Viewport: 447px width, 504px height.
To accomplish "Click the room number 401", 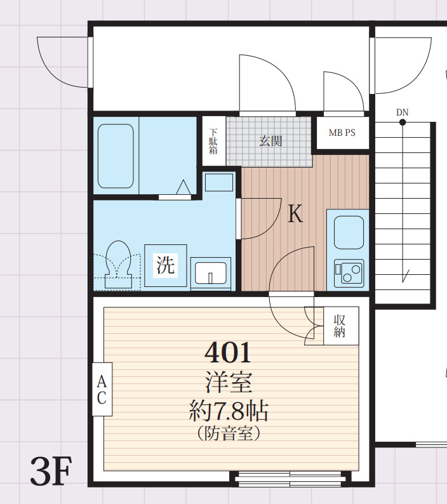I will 227,352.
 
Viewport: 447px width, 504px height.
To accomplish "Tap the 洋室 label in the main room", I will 229,383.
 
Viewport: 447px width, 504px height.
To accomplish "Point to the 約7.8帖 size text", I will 229,411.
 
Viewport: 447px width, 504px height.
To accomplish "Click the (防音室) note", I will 229,434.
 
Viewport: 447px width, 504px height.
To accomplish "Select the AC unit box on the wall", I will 102,389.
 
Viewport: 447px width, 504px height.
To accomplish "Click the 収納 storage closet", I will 340,325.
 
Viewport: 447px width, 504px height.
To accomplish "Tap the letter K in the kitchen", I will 295,215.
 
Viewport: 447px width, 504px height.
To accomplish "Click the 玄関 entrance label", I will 270,141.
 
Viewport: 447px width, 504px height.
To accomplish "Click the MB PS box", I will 342,133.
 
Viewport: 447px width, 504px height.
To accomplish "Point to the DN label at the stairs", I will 403,112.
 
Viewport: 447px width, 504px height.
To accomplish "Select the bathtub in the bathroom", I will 116,156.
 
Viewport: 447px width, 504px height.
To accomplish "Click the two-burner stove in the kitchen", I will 348,274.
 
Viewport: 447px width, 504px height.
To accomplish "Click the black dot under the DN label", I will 403,122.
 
